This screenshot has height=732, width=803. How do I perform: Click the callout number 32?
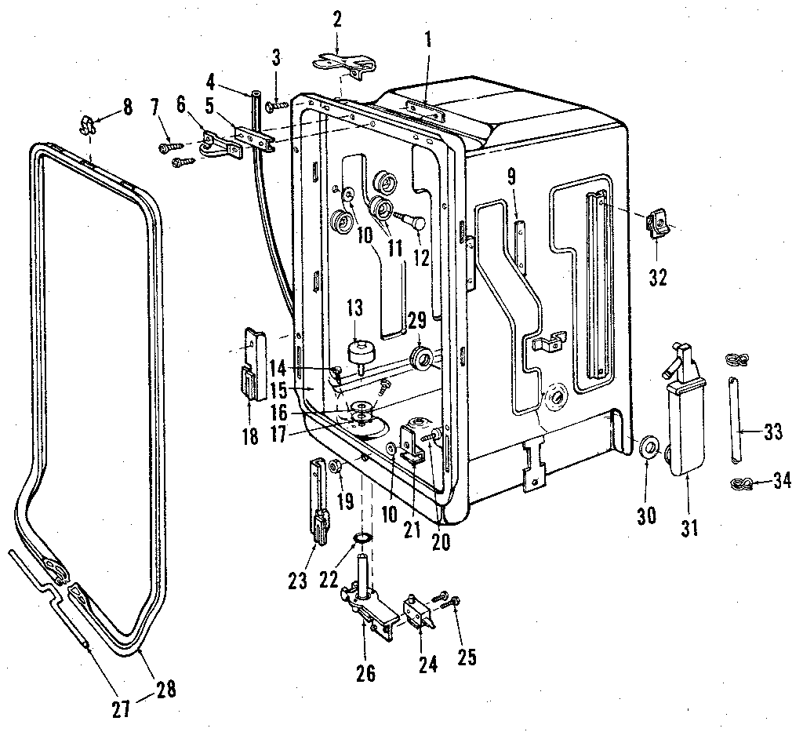[658, 277]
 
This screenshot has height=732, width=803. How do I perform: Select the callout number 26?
[365, 672]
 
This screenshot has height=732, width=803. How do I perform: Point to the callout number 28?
[165, 689]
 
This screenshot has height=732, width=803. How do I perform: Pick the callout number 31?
[689, 528]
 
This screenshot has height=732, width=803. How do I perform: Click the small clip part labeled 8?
[89, 123]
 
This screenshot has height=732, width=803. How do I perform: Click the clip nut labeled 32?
[657, 225]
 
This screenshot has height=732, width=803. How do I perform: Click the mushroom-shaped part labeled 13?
[360, 351]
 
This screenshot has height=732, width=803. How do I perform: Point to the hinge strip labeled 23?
[318, 501]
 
